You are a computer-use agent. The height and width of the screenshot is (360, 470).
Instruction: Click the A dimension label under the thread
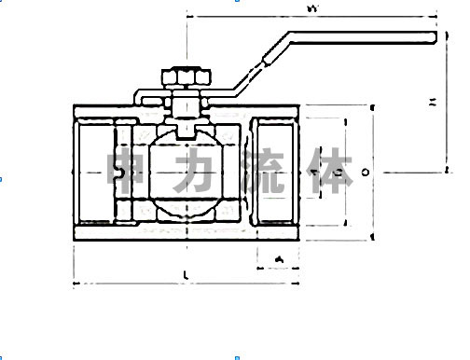[277, 257]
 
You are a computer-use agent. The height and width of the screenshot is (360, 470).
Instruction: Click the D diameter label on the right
[366, 172]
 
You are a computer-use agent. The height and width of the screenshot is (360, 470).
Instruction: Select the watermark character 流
[265, 173]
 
